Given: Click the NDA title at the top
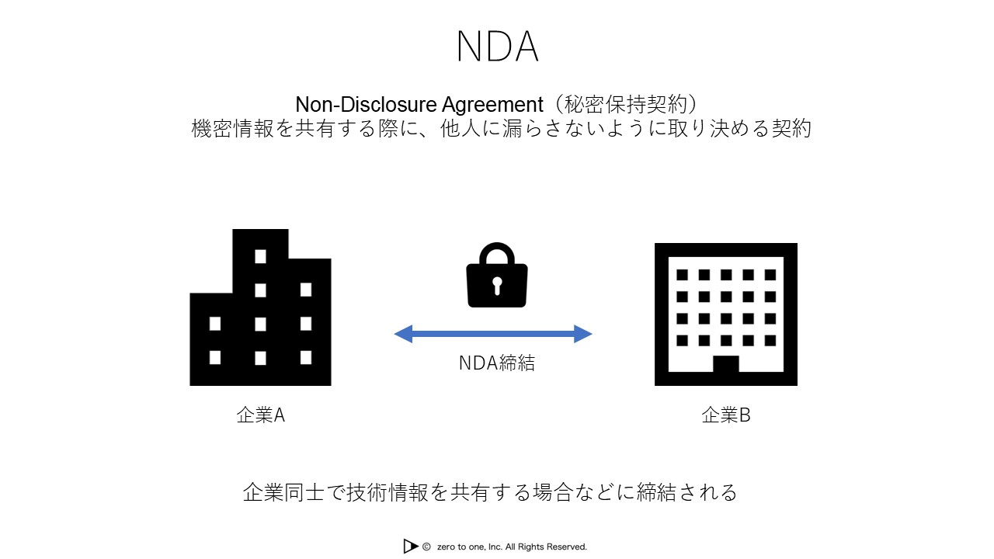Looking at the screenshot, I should [x=497, y=47].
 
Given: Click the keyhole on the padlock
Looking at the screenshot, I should [x=497, y=285].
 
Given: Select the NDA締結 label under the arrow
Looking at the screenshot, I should [x=497, y=363].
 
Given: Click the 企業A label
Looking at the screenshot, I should [x=261, y=415].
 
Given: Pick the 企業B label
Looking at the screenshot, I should [x=726, y=415].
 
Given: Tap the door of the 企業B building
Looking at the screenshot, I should [x=726, y=365].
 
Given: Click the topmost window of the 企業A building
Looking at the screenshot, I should [x=261, y=256].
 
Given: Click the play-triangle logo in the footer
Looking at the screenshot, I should [x=411, y=547].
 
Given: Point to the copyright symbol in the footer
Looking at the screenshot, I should [x=426, y=547].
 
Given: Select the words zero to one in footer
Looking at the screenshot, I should [x=458, y=547].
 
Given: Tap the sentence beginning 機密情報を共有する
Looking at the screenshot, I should [x=502, y=128].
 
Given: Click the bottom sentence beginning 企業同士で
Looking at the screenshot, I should [x=490, y=492].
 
